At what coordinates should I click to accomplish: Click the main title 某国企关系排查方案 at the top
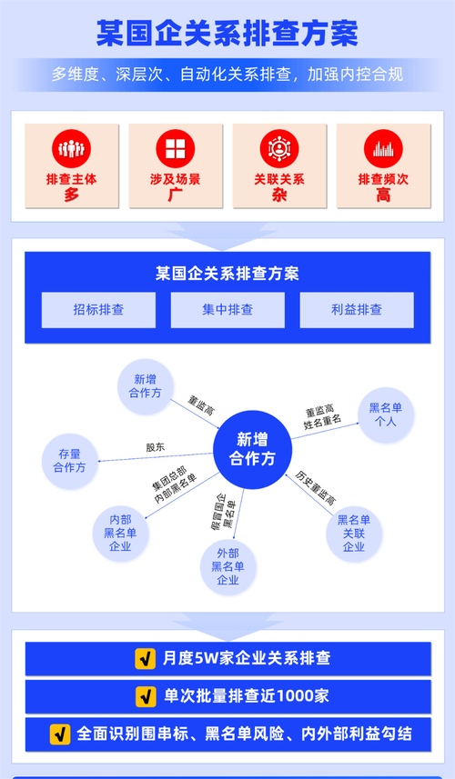(227, 33)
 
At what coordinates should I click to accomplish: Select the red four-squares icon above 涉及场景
(176, 147)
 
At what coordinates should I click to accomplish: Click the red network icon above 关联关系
(279, 147)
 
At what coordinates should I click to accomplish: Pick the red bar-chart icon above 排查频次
(383, 147)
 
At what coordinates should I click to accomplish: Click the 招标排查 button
(98, 310)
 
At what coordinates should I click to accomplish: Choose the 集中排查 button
(227, 310)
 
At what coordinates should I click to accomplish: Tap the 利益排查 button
(357, 310)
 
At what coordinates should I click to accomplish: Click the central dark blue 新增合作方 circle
(252, 449)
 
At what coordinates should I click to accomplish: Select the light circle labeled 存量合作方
(70, 460)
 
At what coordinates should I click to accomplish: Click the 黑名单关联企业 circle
(354, 533)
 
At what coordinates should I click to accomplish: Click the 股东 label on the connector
(156, 447)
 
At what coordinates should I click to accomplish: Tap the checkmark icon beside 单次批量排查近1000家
(144, 696)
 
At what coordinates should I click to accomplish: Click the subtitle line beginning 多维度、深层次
(227, 75)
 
